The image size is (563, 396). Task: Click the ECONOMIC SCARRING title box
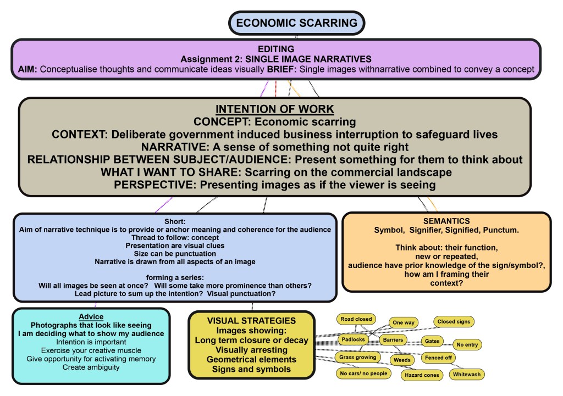tap(296, 23)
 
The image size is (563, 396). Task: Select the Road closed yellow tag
tap(356, 319)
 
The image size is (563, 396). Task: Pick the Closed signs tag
tap(454, 322)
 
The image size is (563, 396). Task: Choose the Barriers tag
tap(394, 340)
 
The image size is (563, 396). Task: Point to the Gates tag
tap(432, 341)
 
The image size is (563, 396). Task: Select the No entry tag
tap(467, 345)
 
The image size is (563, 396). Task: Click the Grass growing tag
tap(358, 357)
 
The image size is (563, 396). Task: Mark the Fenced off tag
tap(438, 358)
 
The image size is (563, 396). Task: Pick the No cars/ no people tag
tap(363, 373)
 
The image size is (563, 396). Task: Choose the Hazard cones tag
tap(421, 375)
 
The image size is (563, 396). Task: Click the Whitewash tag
tap(467, 375)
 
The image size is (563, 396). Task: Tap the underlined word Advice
tap(91, 317)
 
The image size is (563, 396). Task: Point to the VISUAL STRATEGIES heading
tap(251, 320)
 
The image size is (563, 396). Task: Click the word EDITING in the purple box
tap(275, 49)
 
